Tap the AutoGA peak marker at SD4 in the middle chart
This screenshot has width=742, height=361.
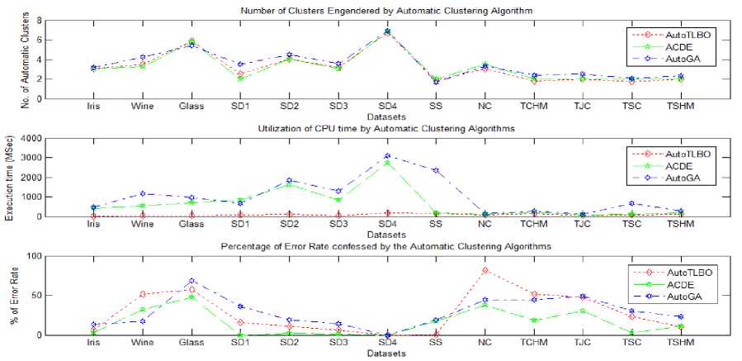[x=386, y=155]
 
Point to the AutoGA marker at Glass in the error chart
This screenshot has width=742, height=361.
[x=191, y=282]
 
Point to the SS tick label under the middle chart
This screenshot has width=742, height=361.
[x=435, y=225]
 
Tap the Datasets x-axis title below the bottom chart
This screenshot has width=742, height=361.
[x=386, y=354]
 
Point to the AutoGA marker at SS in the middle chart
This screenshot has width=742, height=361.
[x=435, y=170]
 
